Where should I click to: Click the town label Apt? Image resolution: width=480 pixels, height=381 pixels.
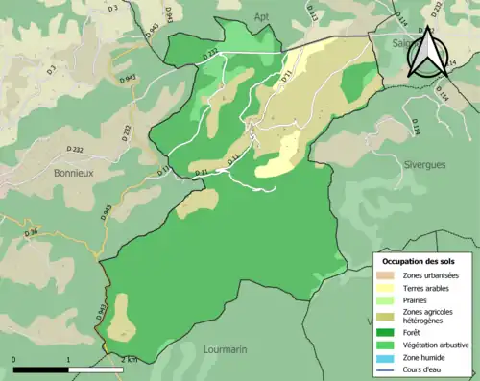click(261, 17)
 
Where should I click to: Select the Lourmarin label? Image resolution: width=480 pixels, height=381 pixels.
click(230, 350)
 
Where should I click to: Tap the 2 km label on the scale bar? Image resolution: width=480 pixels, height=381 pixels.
click(130, 359)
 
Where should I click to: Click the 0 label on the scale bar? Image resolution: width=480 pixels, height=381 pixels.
click(14, 359)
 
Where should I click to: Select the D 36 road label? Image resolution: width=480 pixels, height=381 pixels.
click(32, 232)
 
